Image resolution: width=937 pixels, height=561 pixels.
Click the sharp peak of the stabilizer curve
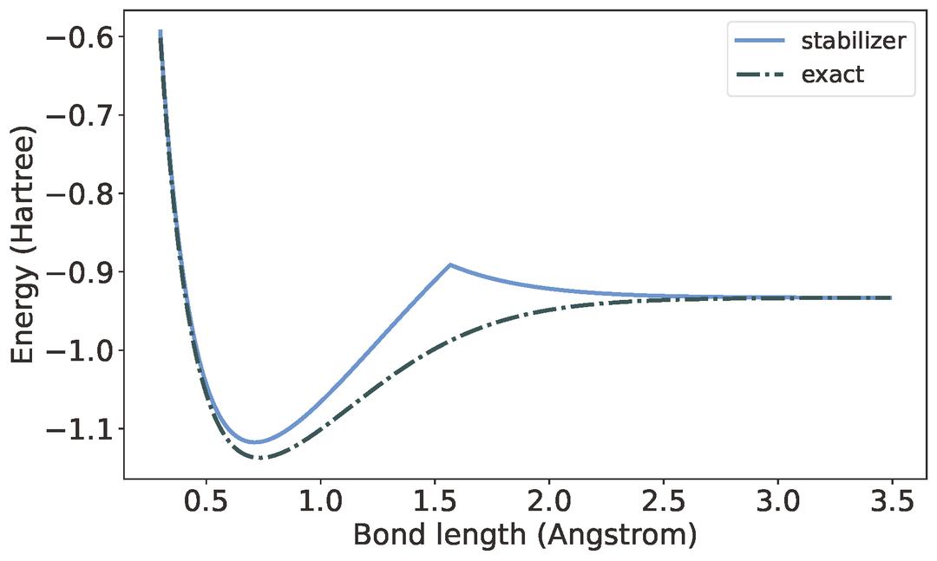pos(449,264)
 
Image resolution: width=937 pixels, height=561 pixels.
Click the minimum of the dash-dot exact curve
pos(261,458)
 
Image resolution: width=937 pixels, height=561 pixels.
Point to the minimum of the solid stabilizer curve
pos(254,442)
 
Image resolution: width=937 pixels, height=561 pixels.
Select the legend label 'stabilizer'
pos(854,41)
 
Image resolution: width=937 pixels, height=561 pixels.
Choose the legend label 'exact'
pos(833,75)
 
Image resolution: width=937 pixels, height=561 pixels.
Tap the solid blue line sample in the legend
pos(759,42)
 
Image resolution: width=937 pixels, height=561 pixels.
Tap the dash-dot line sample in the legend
pos(759,75)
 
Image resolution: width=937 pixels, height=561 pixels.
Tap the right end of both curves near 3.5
pos(890,297)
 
